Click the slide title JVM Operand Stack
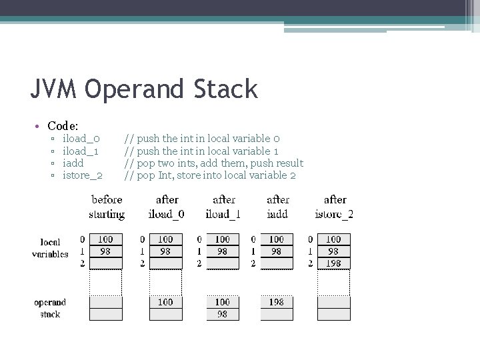point(144,89)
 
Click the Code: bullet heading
point(63,125)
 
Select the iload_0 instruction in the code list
point(81,139)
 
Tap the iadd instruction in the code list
point(73,163)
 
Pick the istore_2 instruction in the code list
point(82,175)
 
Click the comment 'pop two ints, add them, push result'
point(214,163)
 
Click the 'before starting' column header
point(107,207)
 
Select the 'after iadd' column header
point(277,207)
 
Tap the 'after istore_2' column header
point(334,207)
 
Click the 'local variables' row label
point(50,248)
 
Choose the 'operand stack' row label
point(50,308)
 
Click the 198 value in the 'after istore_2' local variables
point(333,263)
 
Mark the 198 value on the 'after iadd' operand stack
point(277,302)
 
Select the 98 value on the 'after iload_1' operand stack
point(222,314)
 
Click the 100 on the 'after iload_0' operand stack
point(165,302)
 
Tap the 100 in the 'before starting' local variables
point(105,239)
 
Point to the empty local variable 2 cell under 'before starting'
point(105,263)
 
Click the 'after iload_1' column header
point(223,207)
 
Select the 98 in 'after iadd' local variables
point(277,251)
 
